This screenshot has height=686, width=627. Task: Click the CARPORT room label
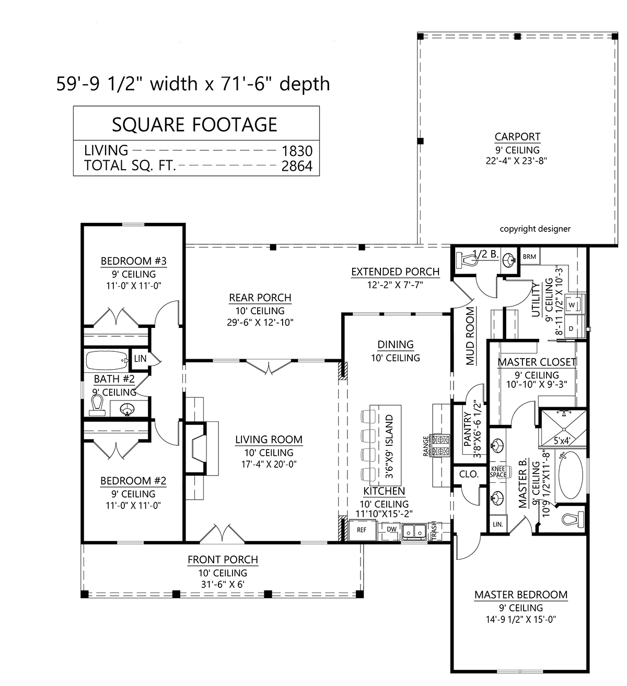(x=517, y=136)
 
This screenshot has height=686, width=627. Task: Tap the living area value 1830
(x=297, y=151)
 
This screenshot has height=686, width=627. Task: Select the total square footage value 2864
(x=297, y=166)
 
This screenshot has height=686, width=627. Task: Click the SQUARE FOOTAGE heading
(x=194, y=124)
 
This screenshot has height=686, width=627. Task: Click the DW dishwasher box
(x=391, y=529)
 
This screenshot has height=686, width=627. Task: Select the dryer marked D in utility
(x=571, y=328)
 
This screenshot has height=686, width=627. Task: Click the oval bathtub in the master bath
(x=571, y=475)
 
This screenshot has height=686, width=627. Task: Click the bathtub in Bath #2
(x=107, y=360)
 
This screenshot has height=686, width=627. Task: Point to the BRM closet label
(x=529, y=256)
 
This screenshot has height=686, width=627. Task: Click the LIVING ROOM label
(x=269, y=440)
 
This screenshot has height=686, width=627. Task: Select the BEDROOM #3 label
(x=133, y=261)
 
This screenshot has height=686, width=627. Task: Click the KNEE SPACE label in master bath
(x=498, y=472)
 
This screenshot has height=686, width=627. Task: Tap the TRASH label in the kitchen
(x=434, y=530)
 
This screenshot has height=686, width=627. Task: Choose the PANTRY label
(x=468, y=430)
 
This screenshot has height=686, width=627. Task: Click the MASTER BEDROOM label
(x=521, y=595)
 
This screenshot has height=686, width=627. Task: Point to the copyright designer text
(x=535, y=229)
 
